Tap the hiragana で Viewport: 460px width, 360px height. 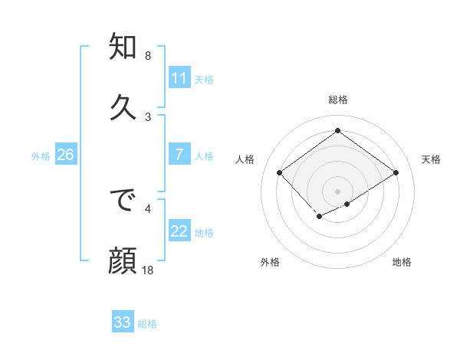(123, 201)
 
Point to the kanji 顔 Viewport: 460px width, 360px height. (123, 260)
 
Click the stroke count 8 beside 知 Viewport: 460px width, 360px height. (148, 56)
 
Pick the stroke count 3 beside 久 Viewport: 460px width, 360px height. (148, 116)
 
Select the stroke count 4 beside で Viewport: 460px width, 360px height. (148, 207)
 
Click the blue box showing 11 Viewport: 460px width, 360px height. (179, 78)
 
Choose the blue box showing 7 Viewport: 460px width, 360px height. (179, 155)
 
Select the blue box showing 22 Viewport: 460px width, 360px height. (179, 231)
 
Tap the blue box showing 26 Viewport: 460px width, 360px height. (65, 155)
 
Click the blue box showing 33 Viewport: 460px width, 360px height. (123, 322)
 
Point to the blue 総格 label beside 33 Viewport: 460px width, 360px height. (148, 324)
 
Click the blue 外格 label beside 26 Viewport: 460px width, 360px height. (41, 156)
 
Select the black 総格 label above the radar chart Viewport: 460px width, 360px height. (337, 100)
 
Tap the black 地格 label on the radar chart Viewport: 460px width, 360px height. (402, 263)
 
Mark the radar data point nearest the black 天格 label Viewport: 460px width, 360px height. (396, 173)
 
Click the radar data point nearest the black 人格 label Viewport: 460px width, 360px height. (280, 173)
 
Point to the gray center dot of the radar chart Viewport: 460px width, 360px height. (337, 191)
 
